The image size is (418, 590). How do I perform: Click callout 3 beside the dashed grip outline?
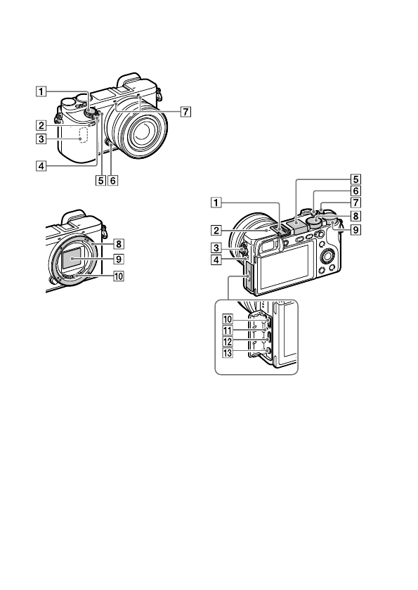coord(41,139)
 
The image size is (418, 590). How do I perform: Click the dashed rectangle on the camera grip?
coord(83,135)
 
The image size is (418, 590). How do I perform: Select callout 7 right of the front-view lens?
coord(185,111)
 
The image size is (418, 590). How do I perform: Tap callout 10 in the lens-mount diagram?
coord(119,276)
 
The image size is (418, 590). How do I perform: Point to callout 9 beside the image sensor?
coord(119,259)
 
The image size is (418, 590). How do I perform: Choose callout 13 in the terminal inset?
coord(227,353)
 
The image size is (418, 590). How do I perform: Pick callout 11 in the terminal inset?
coord(227,331)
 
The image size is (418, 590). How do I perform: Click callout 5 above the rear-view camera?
coord(355,179)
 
